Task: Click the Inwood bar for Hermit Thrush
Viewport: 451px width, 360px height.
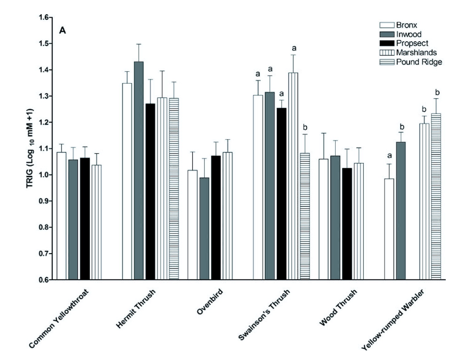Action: [139, 171]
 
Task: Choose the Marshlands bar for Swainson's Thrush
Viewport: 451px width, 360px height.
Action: [293, 176]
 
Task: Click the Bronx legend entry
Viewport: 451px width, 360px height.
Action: [406, 25]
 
